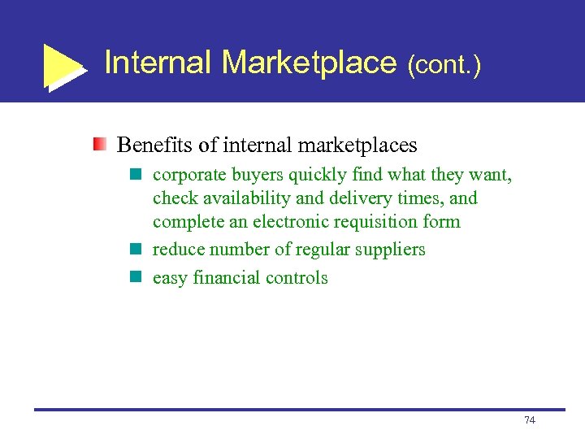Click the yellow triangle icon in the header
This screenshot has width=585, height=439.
63,65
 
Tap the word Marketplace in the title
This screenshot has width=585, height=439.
309,63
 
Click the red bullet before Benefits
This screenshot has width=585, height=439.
99,145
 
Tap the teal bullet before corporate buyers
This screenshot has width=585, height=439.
136,174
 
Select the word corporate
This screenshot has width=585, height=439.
189,175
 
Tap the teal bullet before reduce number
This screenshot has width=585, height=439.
136,249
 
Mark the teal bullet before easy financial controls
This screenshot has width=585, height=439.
136,277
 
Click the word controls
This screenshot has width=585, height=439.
298,278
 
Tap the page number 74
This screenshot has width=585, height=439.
530,420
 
